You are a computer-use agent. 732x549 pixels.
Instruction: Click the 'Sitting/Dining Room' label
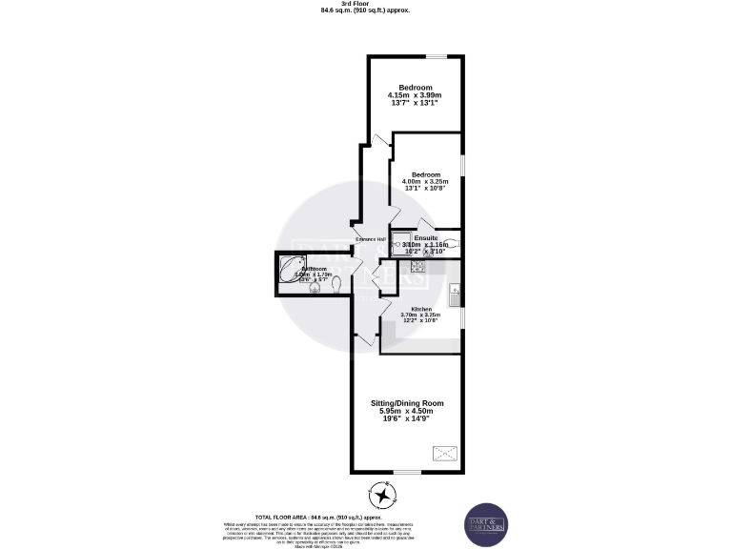(407, 403)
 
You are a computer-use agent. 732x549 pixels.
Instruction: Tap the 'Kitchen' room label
(420, 310)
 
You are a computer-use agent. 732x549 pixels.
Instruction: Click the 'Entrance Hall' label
(371, 238)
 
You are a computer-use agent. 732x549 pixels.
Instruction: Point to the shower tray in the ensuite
(402, 243)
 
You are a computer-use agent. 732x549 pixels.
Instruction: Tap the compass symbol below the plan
(381, 496)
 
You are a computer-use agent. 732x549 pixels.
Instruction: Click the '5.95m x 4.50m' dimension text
(407, 411)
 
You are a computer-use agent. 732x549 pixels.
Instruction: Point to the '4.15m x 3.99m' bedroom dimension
(415, 95)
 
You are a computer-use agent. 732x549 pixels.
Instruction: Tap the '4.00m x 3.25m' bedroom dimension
(426, 182)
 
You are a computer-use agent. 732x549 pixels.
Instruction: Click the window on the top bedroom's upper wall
(434, 56)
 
